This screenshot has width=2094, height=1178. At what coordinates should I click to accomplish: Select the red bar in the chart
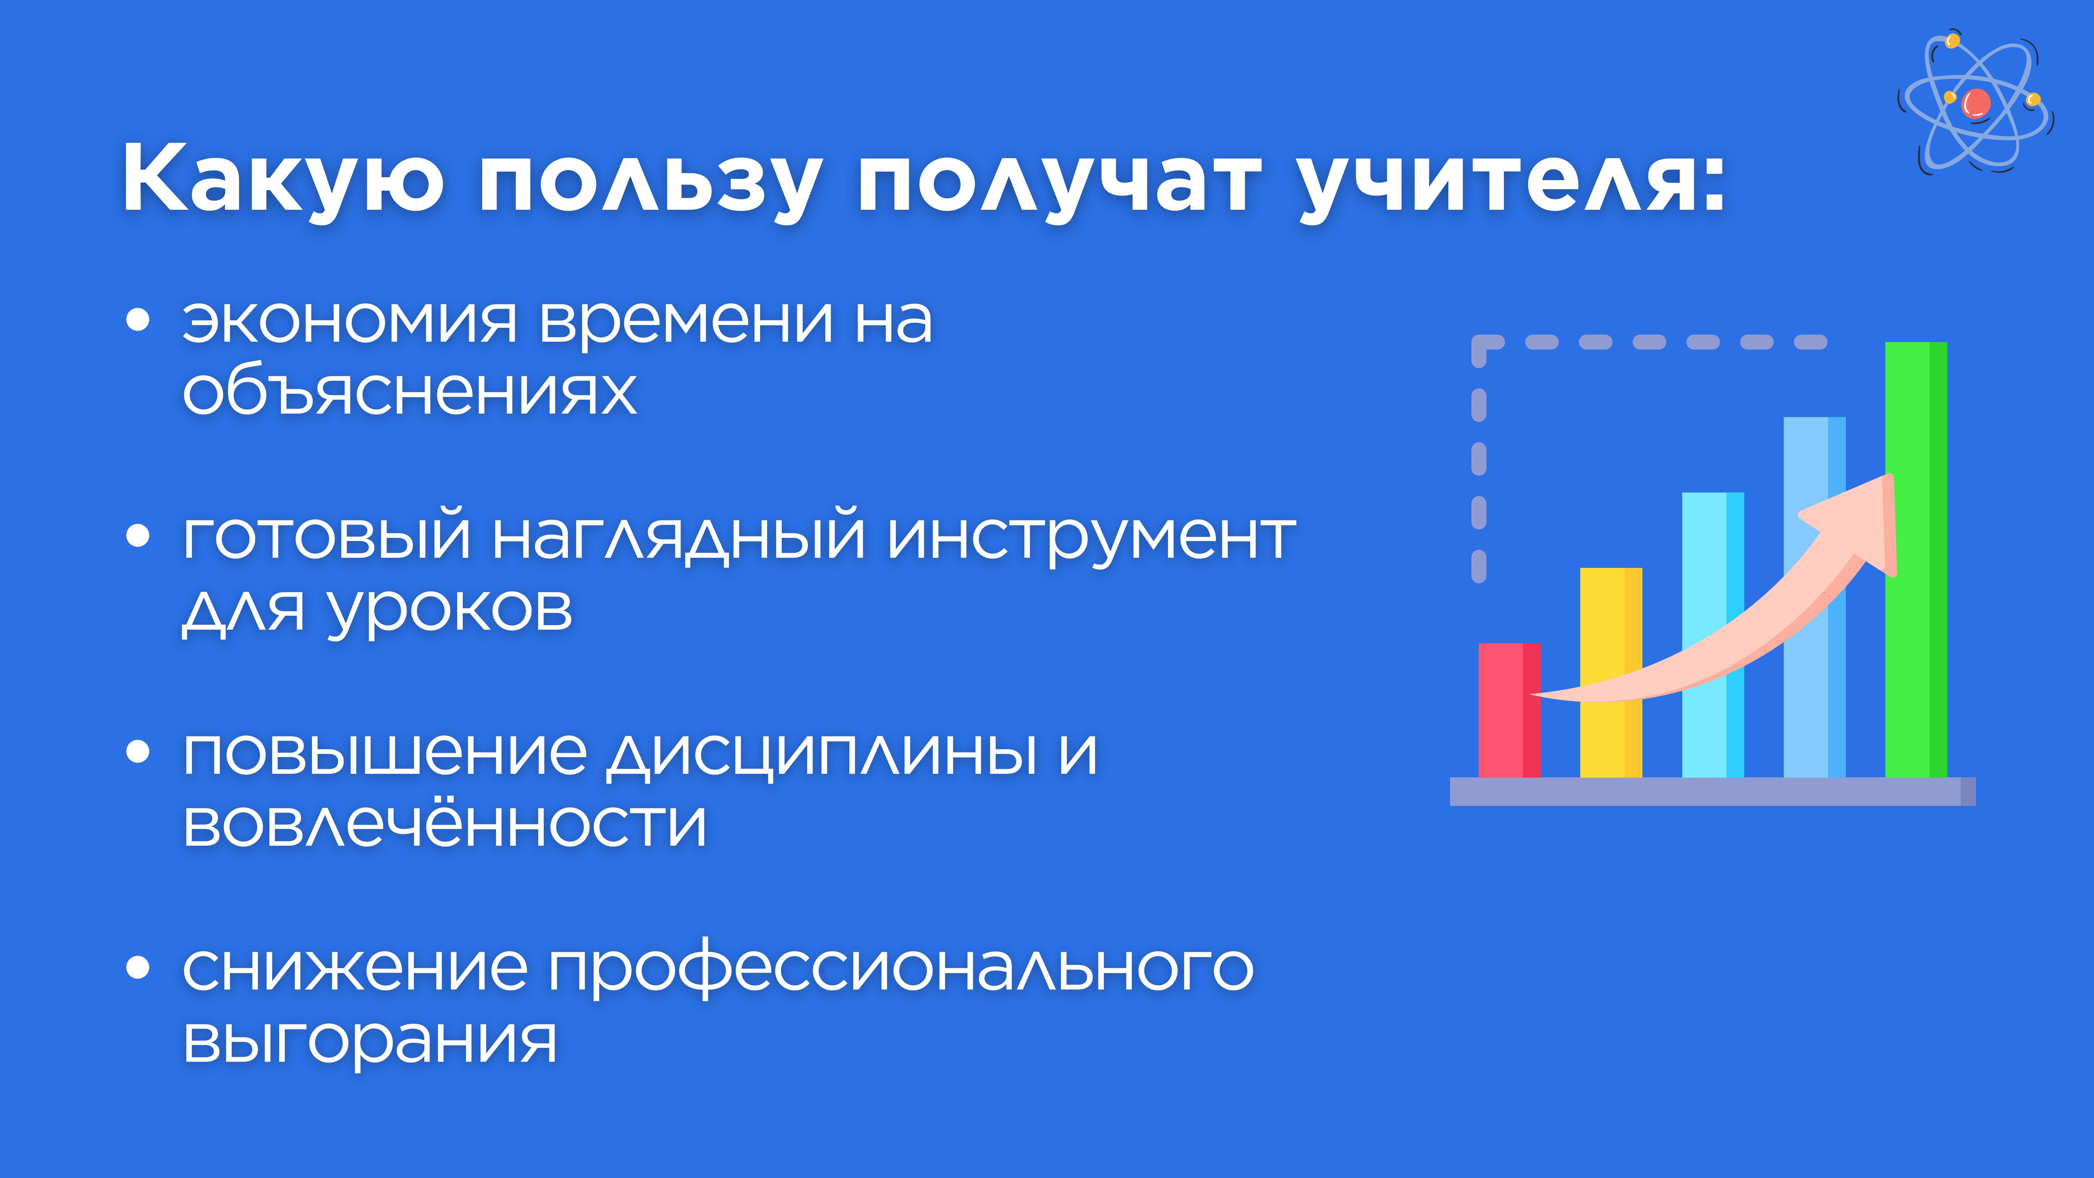tap(1509, 710)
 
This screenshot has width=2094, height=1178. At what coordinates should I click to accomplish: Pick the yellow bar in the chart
tap(1611, 672)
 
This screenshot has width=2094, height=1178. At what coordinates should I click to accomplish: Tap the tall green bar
tap(1916, 559)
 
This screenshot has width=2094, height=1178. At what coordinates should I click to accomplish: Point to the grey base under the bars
tap(1713, 791)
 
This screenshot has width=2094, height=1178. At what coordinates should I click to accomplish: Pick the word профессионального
tap(901, 969)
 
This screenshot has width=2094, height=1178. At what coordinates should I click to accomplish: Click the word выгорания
tap(370, 1040)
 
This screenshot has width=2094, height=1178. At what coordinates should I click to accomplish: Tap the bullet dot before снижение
tap(138, 968)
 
